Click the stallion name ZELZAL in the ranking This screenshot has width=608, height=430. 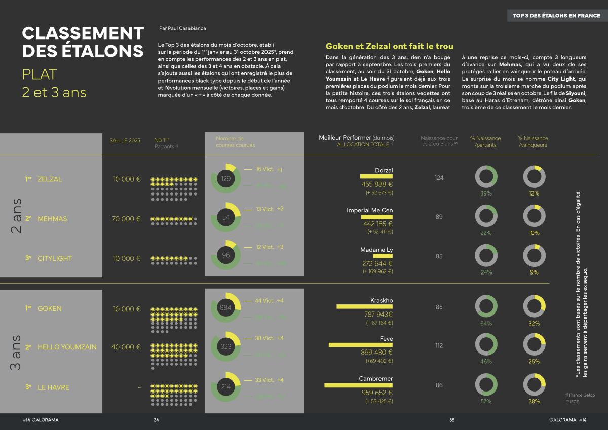click(50, 179)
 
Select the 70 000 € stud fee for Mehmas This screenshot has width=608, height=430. click(126, 219)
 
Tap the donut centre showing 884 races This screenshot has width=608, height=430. click(225, 307)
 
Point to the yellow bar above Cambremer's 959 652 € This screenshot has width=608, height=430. click(358, 385)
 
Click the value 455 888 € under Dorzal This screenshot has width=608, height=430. click(377, 184)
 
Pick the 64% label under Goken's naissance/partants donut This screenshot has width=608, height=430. click(486, 323)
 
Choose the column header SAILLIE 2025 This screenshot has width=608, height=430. click(125, 140)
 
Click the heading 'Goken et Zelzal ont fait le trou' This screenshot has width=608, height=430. click(389, 46)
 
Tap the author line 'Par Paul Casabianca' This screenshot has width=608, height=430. click(182, 28)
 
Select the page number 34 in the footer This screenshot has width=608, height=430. click(157, 420)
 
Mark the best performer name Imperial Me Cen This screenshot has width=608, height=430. click(369, 210)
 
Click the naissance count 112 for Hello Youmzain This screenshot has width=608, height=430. click(439, 346)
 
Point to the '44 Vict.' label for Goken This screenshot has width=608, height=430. click(264, 300)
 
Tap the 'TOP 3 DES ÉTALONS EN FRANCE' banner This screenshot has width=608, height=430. click(556, 16)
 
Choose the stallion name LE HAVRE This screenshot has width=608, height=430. click(53, 387)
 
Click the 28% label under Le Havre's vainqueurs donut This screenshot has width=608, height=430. click(534, 401)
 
